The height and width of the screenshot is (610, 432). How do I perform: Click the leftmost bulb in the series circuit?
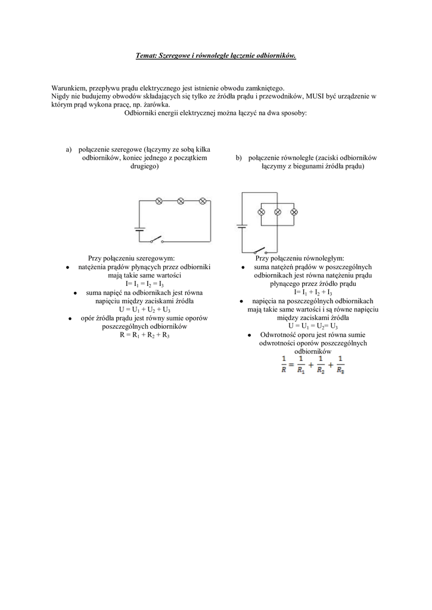pos(159,201)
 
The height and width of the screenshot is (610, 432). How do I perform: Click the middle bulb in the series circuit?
pos(181,201)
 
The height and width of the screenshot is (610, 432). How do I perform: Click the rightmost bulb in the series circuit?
pos(202,201)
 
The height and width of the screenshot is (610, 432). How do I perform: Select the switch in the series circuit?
pos(156,240)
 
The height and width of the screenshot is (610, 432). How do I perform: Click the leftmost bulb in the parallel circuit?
pos(260,211)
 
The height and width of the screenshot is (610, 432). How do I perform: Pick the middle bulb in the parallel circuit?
pos(278,211)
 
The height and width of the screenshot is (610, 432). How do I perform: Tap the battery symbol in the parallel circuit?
pos(242,226)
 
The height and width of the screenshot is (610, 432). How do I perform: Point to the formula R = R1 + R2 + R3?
pos(145,335)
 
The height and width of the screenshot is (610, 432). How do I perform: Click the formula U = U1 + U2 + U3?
pos(145,310)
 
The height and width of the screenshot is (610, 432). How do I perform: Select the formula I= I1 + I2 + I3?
pos(313,292)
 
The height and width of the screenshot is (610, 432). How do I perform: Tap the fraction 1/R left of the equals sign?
pos(284,364)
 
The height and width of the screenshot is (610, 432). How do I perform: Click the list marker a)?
pos(69,150)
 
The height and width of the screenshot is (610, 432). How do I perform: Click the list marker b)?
pos(239,158)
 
